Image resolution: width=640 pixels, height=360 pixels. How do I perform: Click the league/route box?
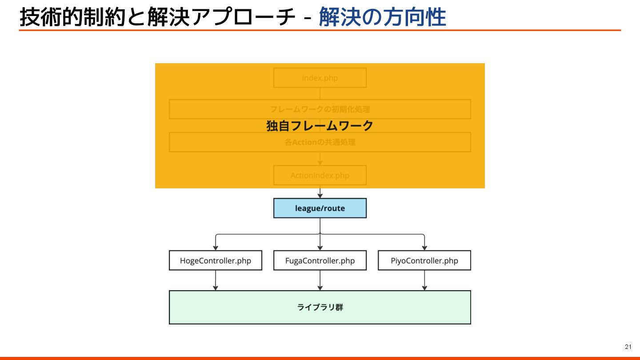click(320, 208)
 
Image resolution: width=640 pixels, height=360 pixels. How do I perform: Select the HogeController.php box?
click(216, 260)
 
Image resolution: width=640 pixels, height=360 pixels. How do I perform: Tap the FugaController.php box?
click(320, 260)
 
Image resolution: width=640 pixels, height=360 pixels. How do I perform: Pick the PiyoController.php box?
click(424, 260)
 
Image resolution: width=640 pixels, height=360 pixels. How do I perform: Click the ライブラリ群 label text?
click(320, 307)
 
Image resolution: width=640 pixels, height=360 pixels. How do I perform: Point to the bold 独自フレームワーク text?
click(320, 126)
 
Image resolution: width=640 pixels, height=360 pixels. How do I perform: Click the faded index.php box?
click(320, 78)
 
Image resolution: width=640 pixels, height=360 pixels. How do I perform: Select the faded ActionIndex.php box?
click(320, 175)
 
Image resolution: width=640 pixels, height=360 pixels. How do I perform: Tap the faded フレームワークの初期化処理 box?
click(320, 109)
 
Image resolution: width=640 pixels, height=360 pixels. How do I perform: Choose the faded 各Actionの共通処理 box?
click(320, 142)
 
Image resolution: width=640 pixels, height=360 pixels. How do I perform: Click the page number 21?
click(628, 347)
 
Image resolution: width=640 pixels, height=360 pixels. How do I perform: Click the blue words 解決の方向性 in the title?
click(382, 18)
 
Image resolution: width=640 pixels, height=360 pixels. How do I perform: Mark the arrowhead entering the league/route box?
click(320, 196)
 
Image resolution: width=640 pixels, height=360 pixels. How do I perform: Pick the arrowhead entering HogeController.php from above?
click(216, 248)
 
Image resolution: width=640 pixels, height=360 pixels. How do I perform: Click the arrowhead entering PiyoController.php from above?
click(424, 248)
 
